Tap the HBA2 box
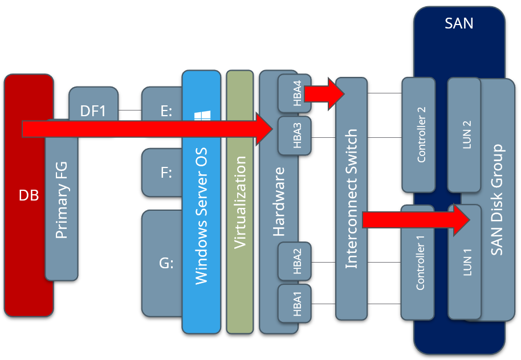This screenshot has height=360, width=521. pos(295,261)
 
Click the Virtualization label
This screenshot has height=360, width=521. pos(239,202)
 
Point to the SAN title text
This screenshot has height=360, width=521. pos(459,24)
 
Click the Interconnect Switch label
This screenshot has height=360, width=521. pos(352,199)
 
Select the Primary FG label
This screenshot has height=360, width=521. pos(61,201)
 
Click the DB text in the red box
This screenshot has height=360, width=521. pos(29,195)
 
